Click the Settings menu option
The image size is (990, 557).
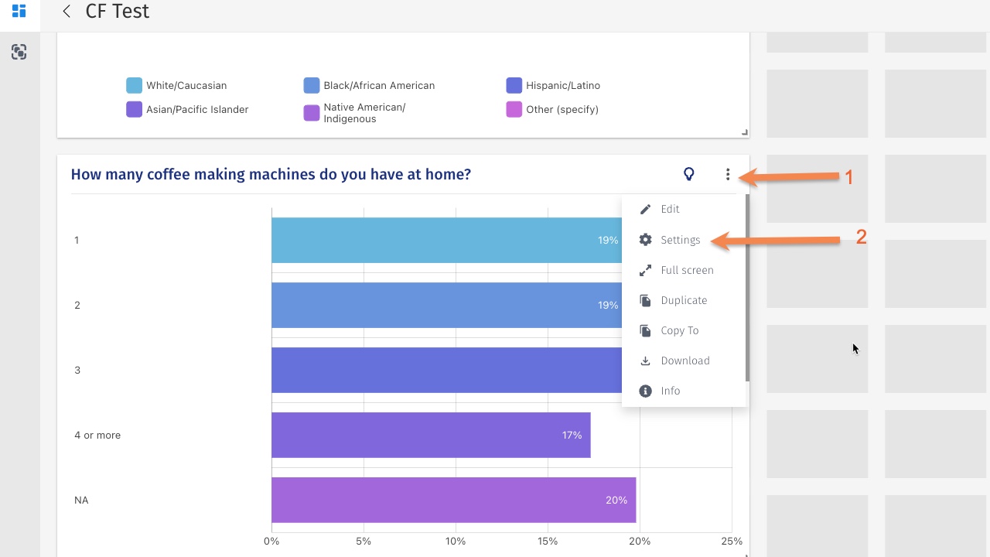tap(680, 240)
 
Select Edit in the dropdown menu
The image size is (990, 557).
tap(670, 209)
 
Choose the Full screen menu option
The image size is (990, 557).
tap(686, 270)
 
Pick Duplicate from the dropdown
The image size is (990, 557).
tap(683, 300)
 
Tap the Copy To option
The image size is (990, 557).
tap(679, 330)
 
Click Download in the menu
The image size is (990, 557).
tap(684, 361)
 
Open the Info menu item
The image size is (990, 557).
tap(670, 391)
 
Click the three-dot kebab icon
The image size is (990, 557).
tap(728, 175)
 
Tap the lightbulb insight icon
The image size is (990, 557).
tap(689, 175)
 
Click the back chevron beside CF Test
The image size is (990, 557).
tap(67, 11)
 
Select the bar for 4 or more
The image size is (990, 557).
tap(430, 435)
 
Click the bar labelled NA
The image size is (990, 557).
tap(453, 500)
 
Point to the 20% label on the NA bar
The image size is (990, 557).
tap(616, 501)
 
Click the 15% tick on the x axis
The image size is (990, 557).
tap(548, 542)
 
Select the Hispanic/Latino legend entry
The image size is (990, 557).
tap(562, 86)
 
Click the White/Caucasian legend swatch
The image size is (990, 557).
tap(135, 86)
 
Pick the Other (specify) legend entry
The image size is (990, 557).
tap(562, 110)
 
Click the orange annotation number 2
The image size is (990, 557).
tap(861, 237)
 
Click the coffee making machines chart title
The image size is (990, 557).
tap(271, 175)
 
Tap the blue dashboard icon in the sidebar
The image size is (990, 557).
tap(19, 11)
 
